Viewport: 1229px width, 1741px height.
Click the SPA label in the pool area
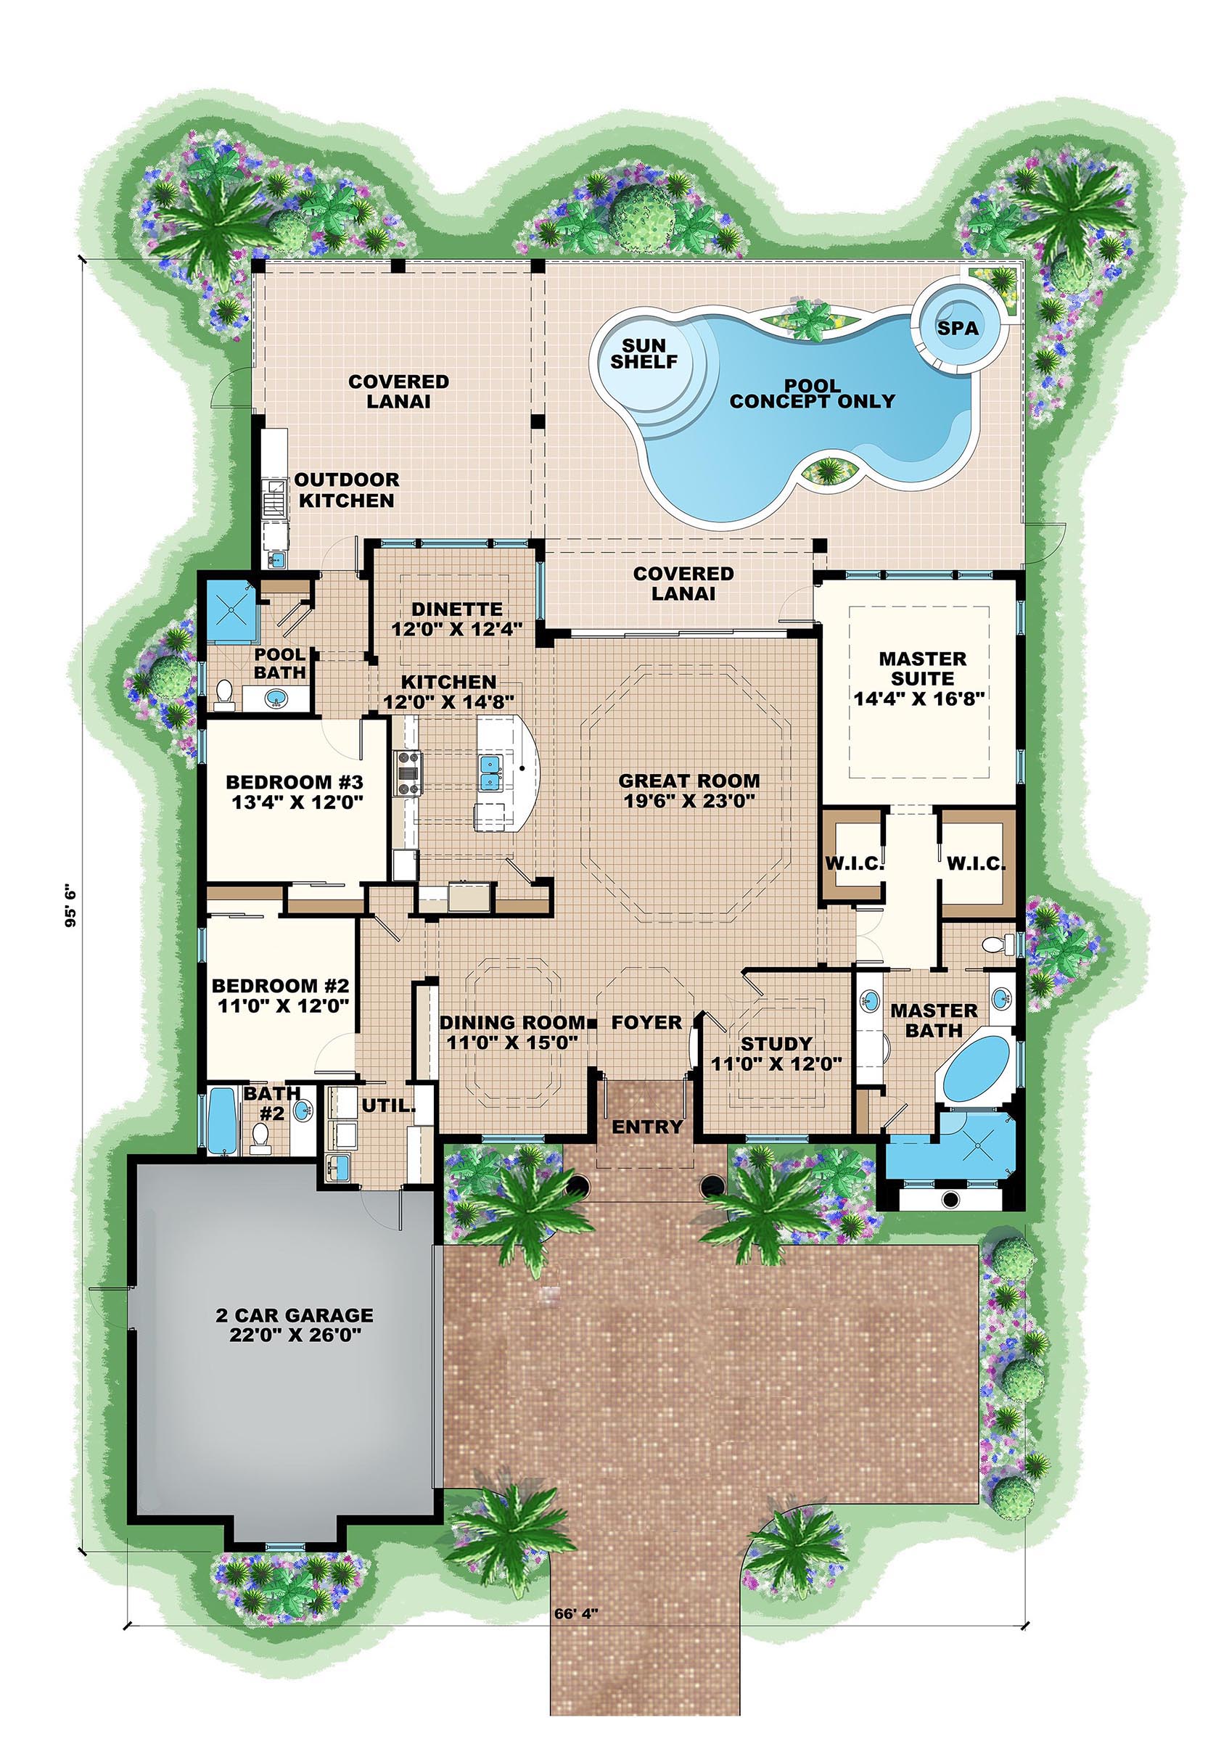coord(958,329)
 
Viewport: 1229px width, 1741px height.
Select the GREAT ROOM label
coord(689,781)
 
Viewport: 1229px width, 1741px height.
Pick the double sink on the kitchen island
coord(490,770)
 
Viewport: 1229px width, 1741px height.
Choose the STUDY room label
coord(776,1044)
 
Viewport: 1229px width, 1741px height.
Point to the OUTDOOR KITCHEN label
coord(346,490)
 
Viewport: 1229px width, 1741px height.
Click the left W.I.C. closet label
coord(854,864)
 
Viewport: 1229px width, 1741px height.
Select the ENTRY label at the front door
coord(647,1127)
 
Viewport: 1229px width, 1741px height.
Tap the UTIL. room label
coord(388,1106)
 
